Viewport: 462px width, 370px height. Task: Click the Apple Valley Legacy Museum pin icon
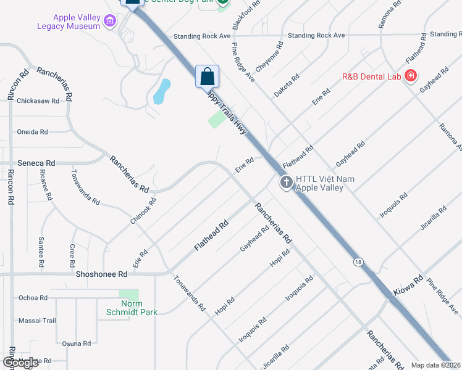(110, 22)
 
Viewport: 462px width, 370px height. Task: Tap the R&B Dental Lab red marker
(411, 77)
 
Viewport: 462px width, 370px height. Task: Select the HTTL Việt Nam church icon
(286, 183)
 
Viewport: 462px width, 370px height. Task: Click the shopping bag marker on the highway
(208, 77)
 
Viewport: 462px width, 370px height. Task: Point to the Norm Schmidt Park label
(132, 308)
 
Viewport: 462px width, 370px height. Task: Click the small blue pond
(162, 91)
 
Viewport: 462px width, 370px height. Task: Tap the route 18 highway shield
(358, 262)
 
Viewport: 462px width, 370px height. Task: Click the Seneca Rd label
(36, 163)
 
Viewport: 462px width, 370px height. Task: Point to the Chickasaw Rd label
(38, 101)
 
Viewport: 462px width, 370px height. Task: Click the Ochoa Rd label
(33, 298)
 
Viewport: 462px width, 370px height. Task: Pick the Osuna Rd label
(77, 343)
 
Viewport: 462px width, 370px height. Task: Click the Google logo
(21, 363)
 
